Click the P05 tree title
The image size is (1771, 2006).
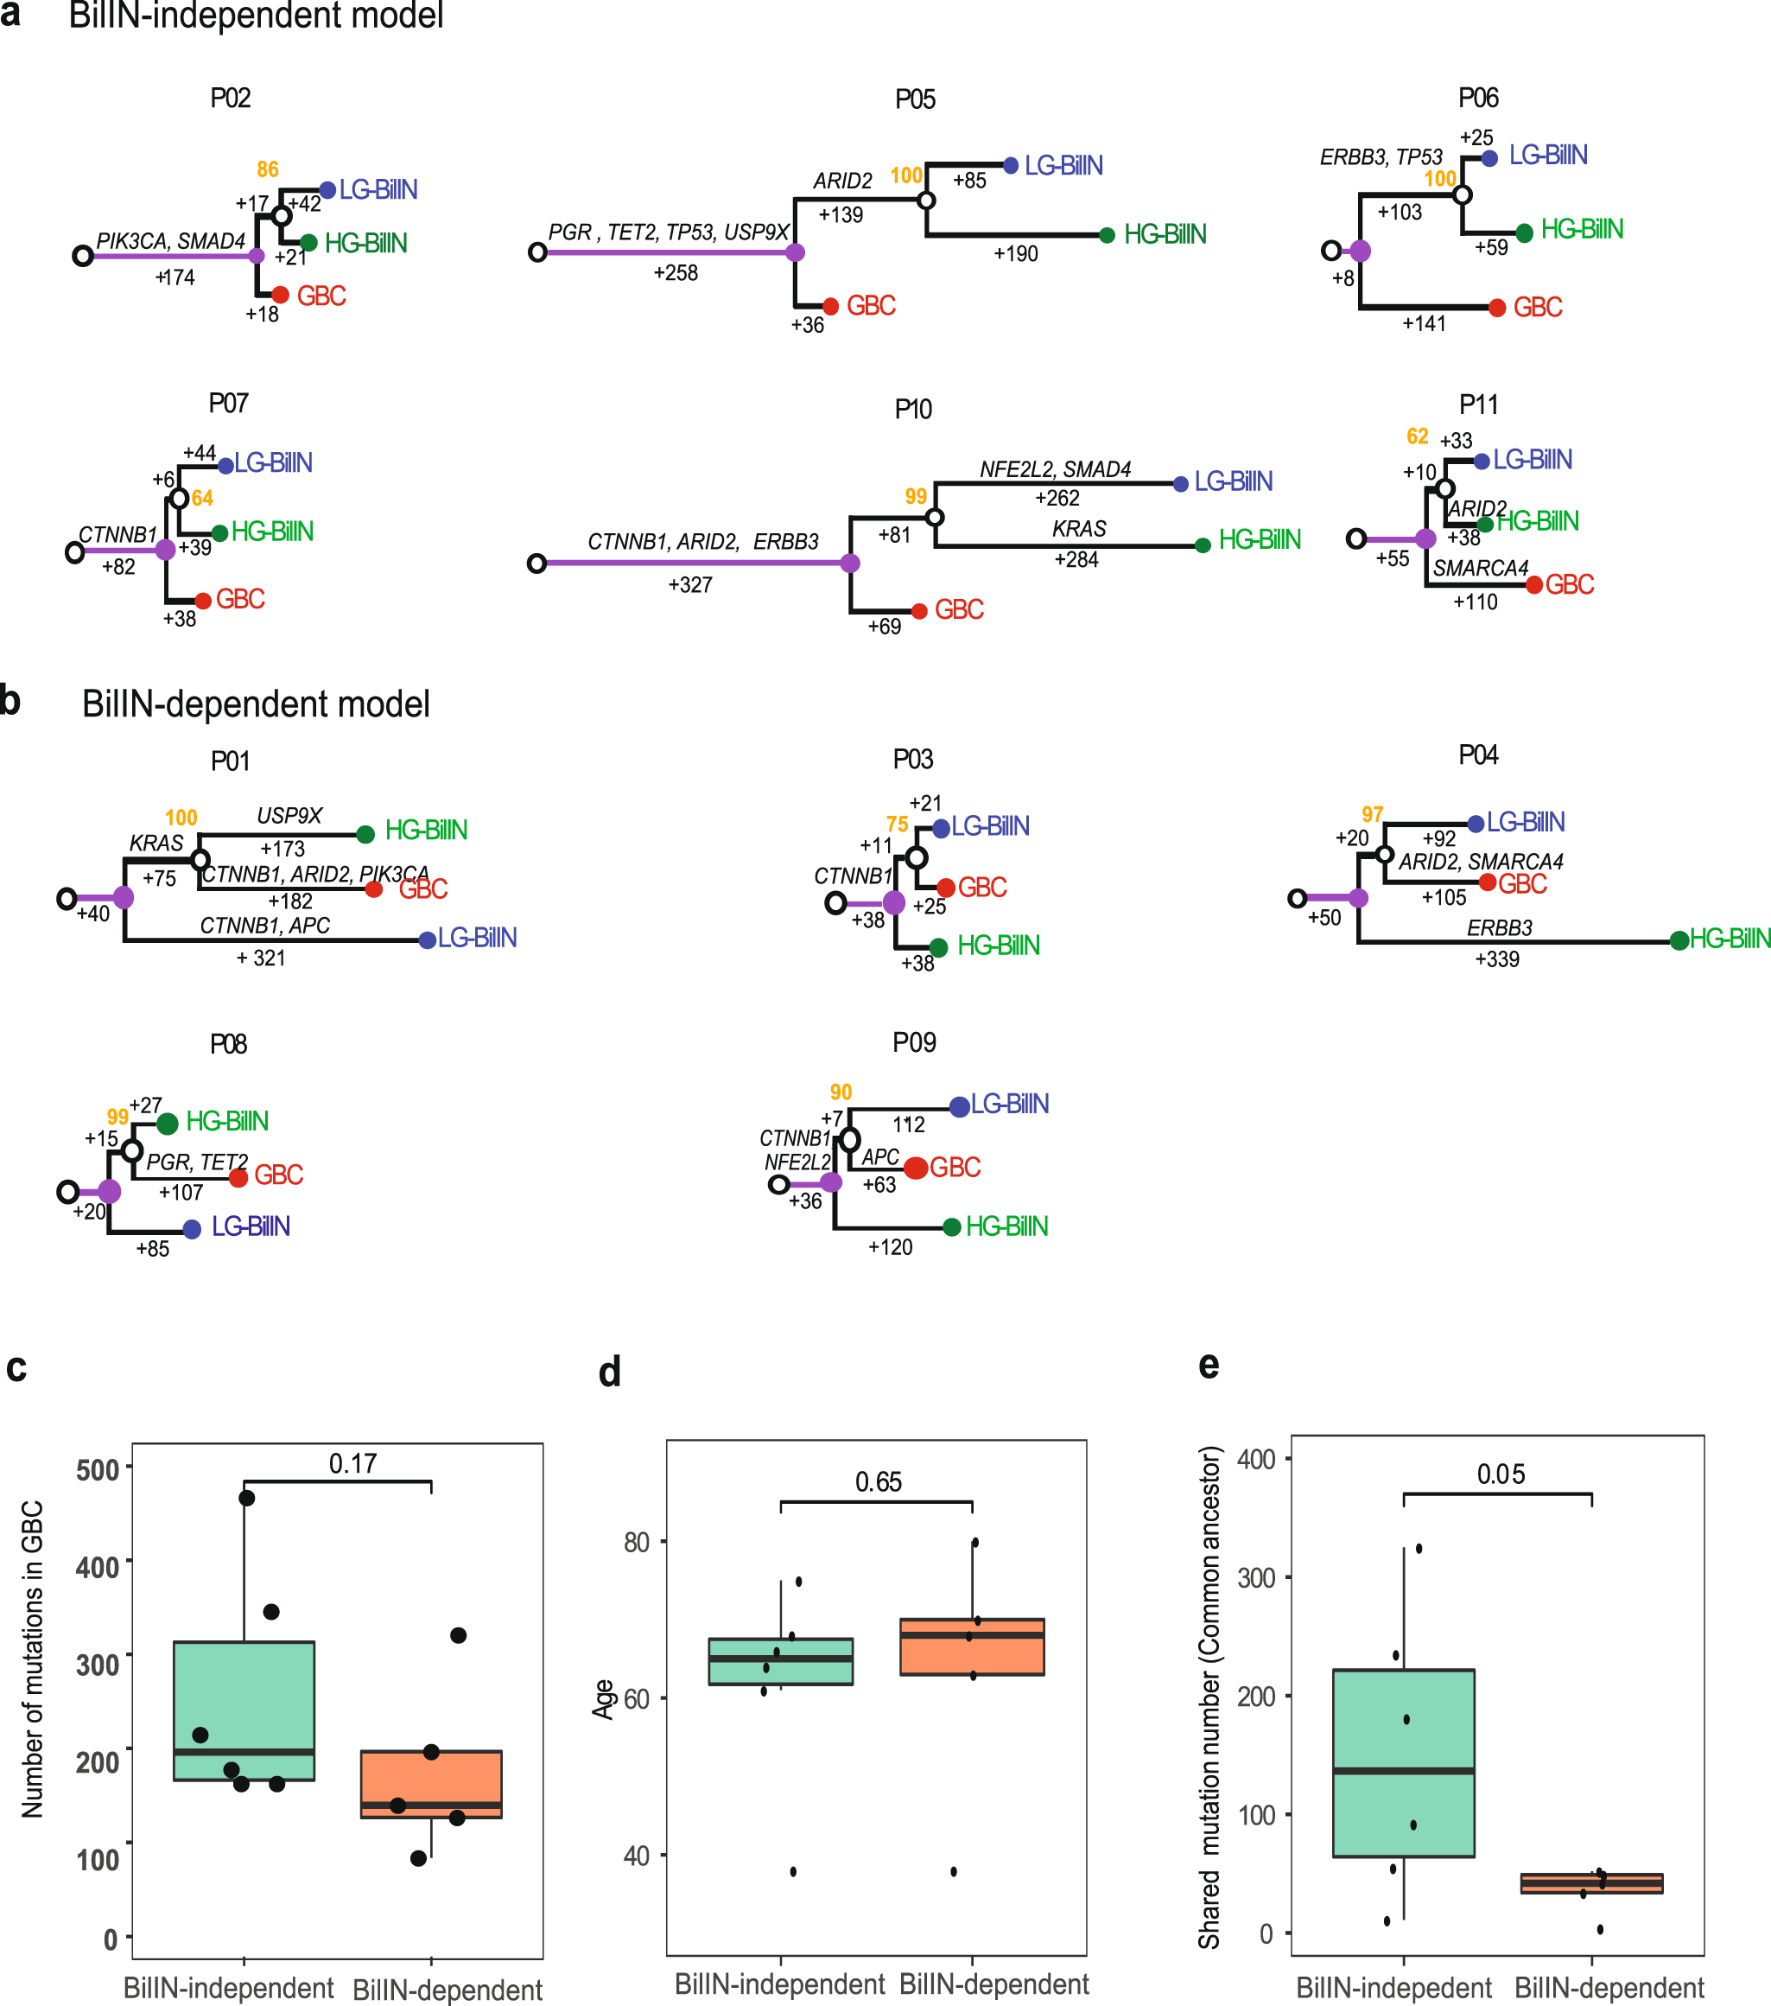point(915,99)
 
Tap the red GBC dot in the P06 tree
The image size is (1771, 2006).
point(1496,309)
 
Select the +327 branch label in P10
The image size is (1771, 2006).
point(689,585)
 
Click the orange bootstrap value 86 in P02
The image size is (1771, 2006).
point(268,169)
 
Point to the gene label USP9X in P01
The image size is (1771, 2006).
point(289,816)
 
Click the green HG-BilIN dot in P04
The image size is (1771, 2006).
point(1679,940)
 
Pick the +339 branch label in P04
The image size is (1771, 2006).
point(1497,958)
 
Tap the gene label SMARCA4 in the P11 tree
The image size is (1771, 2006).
point(1481,568)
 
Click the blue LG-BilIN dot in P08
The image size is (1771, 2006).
point(193,1229)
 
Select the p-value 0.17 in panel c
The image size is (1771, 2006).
point(353,1463)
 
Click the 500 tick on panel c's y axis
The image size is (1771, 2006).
point(98,1470)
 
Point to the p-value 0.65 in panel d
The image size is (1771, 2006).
point(878,1482)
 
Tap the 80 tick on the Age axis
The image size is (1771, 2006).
point(637,1543)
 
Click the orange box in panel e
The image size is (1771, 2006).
point(1590,1882)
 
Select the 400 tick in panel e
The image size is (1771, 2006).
point(1256,1460)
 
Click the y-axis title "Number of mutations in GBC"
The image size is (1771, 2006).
point(32,1659)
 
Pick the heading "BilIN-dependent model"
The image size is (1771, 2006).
point(255,704)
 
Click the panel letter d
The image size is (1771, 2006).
point(609,1372)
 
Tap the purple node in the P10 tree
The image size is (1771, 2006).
point(850,564)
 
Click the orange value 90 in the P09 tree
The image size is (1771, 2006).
point(841,1092)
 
